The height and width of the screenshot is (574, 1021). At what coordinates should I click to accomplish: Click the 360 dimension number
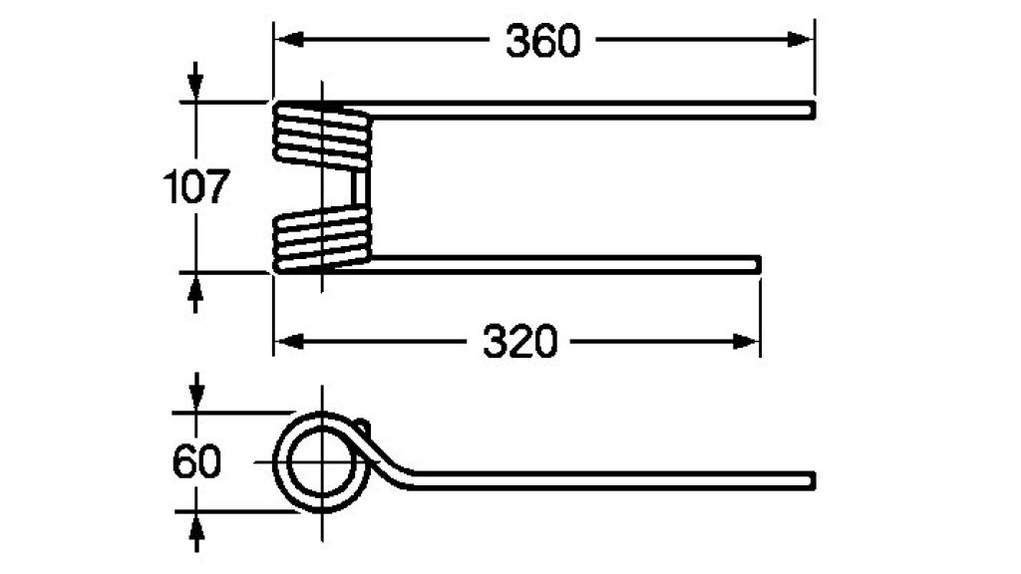coord(542,41)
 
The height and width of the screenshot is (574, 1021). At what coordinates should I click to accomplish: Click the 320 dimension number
coord(520,342)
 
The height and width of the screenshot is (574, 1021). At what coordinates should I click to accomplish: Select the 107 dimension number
coord(196,186)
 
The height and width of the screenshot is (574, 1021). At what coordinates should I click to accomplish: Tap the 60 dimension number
coord(196,461)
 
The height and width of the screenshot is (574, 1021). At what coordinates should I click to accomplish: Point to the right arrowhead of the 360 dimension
coord(800,40)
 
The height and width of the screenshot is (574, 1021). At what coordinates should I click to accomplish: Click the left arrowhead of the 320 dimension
coord(289,341)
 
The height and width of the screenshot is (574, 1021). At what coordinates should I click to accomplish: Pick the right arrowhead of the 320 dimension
coord(745,341)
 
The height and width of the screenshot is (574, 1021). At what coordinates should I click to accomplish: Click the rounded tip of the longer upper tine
coord(812,111)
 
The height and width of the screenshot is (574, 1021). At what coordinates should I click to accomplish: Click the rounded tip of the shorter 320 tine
coord(757,264)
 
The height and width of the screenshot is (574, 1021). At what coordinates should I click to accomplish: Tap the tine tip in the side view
coord(812,480)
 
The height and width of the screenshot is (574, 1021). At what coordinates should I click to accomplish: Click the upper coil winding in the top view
coord(321,136)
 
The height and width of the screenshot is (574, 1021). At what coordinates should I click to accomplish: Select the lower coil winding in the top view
coord(321,238)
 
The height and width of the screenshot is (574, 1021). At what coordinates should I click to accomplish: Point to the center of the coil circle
coord(321,461)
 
